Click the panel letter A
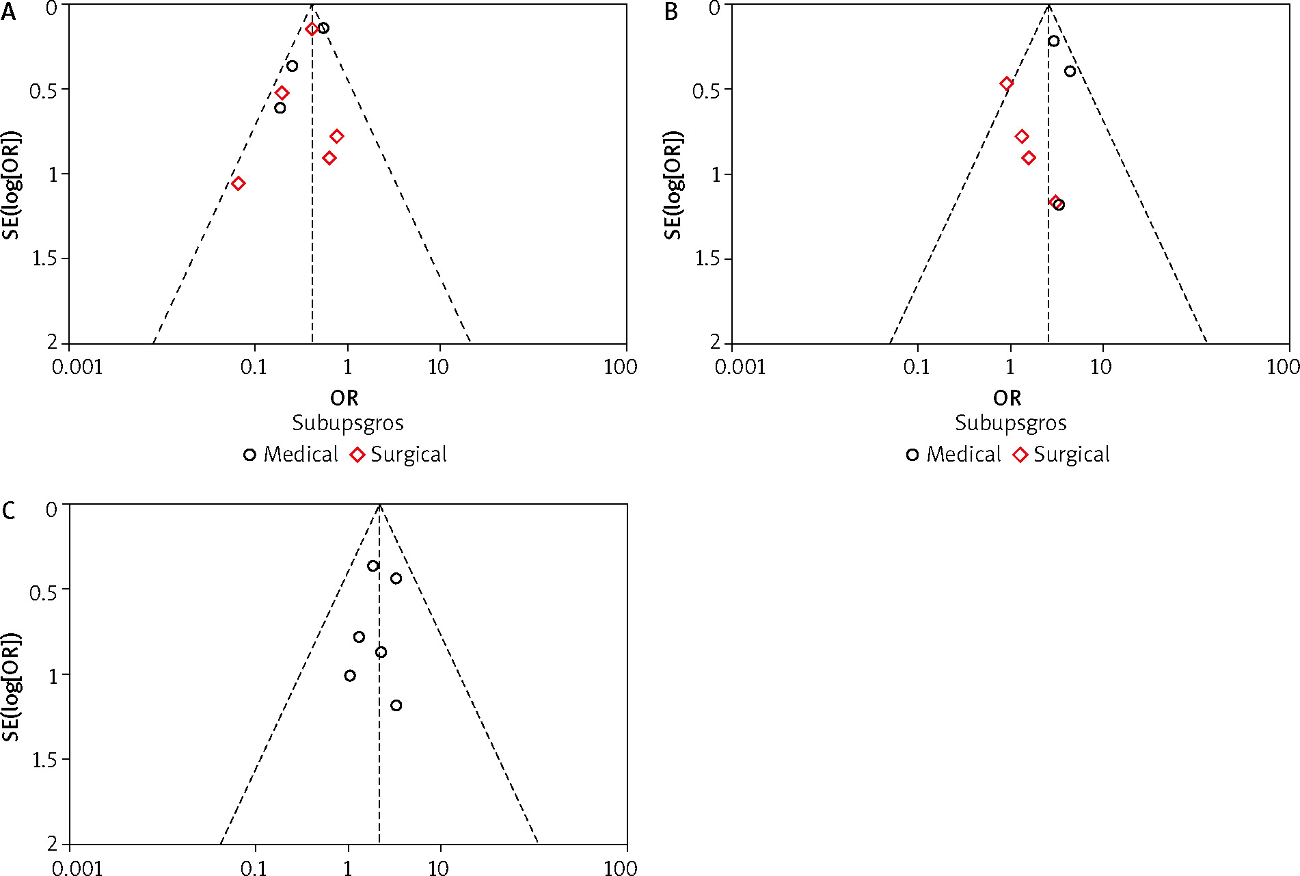(x=8, y=12)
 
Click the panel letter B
(x=671, y=12)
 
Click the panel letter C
(x=9, y=511)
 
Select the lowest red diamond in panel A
(x=238, y=183)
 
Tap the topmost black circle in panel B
(x=1053, y=41)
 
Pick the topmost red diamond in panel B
(x=1006, y=83)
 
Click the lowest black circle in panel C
(x=396, y=705)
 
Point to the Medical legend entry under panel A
(x=291, y=455)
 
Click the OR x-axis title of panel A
(x=344, y=398)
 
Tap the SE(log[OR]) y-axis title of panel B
(x=674, y=185)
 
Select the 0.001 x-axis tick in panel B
(x=740, y=367)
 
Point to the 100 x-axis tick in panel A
(x=620, y=367)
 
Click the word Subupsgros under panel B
(x=1010, y=423)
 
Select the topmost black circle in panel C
(x=373, y=566)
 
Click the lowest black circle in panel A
(x=280, y=107)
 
